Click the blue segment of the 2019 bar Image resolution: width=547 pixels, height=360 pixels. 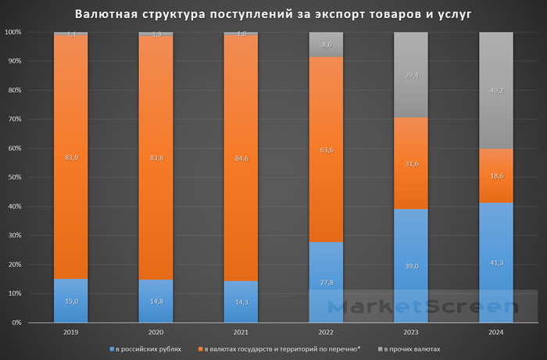coord(71,301)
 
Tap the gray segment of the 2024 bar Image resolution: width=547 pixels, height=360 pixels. coord(496,90)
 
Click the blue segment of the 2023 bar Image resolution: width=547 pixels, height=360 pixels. coord(411,266)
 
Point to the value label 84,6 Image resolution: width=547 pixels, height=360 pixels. coord(241,158)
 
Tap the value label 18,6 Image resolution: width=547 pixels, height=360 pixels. coord(496,178)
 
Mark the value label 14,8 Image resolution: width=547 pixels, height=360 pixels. coord(156,301)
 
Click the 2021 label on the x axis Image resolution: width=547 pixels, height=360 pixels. coord(241,332)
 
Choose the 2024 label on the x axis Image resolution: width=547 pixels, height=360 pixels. coord(496,332)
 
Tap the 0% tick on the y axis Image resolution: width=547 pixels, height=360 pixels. coord(16,323)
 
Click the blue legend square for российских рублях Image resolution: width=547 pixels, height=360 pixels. coord(113,349)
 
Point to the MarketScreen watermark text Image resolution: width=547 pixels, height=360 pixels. coord(422,307)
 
